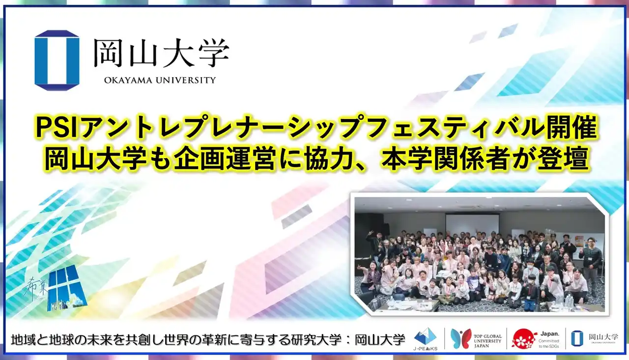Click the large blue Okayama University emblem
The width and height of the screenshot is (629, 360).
[57, 60]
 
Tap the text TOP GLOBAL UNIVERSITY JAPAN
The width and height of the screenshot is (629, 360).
[488, 339]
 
